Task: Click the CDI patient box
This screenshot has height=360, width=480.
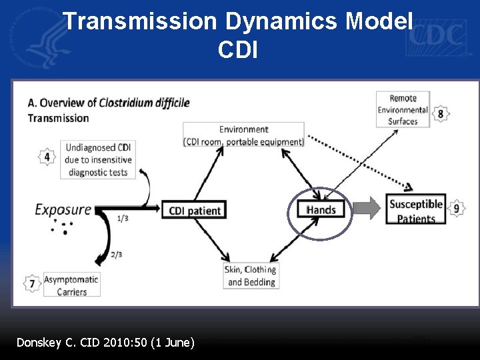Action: click(194, 210)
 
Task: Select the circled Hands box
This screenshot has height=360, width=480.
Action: click(321, 210)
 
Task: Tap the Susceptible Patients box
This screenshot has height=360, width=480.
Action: click(415, 210)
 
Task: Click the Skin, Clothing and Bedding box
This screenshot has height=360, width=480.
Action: click(251, 275)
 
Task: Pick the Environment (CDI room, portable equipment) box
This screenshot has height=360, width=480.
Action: click(243, 135)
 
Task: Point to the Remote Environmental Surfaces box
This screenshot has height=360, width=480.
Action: click(403, 109)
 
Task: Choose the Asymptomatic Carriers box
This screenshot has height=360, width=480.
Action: click(71, 285)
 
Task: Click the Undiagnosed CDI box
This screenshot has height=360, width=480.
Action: click(97, 159)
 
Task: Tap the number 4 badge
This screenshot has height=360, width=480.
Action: click(47, 157)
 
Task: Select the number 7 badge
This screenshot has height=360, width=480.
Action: click(32, 283)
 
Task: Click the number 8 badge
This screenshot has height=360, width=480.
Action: click(441, 114)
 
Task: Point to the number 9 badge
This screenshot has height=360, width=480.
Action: click(456, 209)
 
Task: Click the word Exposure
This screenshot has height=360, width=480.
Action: click(63, 209)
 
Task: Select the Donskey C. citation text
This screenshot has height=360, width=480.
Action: click(105, 343)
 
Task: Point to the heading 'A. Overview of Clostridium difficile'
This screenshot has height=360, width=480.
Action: click(109, 103)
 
